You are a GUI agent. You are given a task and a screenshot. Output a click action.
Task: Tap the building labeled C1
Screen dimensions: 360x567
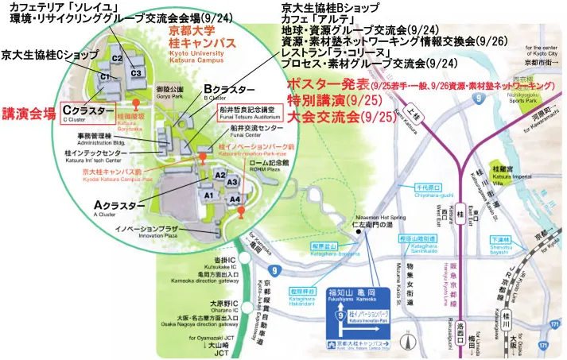click(x=105, y=75)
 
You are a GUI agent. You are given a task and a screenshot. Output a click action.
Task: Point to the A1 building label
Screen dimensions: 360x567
click(x=209, y=194)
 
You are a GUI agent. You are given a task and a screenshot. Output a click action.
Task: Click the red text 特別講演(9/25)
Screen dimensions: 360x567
click(x=328, y=101)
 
